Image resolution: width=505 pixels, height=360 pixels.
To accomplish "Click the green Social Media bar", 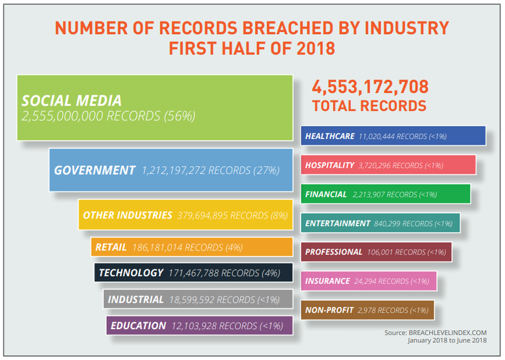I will [155, 108].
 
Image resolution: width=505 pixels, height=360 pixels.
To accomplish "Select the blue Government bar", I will [170, 170].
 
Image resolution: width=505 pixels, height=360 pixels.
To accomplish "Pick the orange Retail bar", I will [192, 247].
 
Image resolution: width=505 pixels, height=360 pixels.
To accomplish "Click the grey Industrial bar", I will [197, 299].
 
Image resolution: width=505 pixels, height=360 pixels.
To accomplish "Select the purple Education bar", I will [199, 325].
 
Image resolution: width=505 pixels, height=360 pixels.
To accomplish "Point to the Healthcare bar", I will [394, 136].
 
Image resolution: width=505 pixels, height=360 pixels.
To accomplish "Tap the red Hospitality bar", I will [390, 165].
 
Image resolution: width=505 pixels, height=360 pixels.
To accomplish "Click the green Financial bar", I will [386, 194].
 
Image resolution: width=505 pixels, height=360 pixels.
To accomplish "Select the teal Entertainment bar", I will [381, 223].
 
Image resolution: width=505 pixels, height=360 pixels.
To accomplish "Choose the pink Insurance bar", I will [370, 281].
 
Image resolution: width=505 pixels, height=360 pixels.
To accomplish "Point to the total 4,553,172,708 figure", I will [371, 87].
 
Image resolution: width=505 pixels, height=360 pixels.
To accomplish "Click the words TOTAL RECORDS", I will [369, 106].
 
